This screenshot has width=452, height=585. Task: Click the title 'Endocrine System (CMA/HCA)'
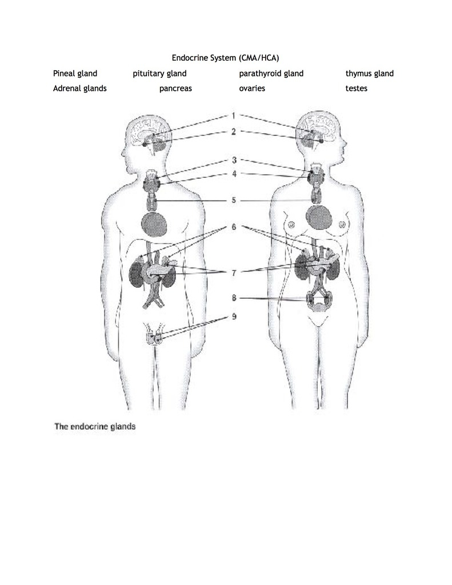pos(225,58)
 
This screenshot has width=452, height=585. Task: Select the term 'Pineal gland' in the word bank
pos(75,74)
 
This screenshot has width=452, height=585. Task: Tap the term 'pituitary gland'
pos(159,74)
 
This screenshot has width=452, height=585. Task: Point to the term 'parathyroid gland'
pos(271,74)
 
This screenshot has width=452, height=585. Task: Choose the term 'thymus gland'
pos(370,74)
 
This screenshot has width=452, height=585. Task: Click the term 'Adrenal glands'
pos(80,89)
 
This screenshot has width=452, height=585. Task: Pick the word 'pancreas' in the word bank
pos(175,89)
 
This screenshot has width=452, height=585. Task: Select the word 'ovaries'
pos(252,89)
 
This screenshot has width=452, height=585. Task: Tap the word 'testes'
pos(357,89)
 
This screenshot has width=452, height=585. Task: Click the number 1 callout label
pos(233,115)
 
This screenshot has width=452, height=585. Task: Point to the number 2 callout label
pos(233,132)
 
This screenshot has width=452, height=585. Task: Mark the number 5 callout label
pos(234,201)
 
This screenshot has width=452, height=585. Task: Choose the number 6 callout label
pos(234,227)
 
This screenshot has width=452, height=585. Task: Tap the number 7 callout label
pos(234,273)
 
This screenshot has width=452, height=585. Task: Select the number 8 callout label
pos(234,298)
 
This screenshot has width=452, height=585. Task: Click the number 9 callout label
pos(234,316)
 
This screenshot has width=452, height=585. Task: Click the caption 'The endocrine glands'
pos(95,426)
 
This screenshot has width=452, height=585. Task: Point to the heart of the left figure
pos(154,224)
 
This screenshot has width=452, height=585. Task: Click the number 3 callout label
pos(234,160)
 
